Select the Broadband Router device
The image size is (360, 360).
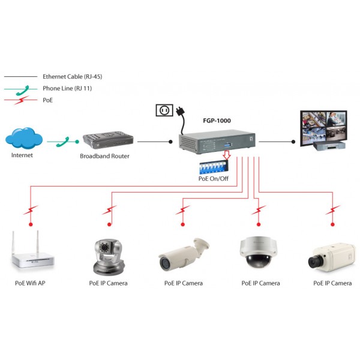pos(104,142)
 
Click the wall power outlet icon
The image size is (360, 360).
pos(163,110)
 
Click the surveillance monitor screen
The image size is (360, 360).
pos(323,125)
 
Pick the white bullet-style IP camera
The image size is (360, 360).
pos(183,254)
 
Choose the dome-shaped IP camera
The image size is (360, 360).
pos(259,251)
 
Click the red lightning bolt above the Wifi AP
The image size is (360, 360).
pos(31,210)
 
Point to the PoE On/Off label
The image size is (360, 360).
pos(213,178)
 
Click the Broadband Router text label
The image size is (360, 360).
pos(104,156)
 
